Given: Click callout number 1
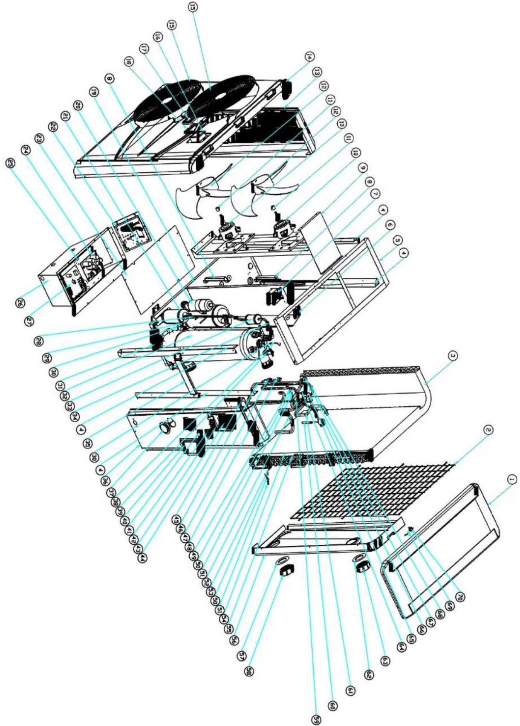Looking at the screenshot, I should point(512,480).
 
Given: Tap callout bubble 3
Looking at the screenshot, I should point(454,356).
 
